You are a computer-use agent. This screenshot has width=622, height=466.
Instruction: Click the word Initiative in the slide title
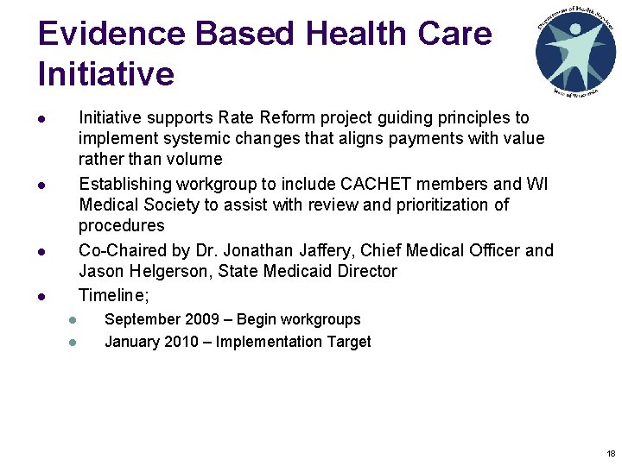pyautogui.click(x=105, y=74)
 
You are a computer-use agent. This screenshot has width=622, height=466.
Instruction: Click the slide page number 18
pyautogui.click(x=611, y=454)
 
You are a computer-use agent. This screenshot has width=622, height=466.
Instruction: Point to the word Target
pyautogui.click(x=347, y=342)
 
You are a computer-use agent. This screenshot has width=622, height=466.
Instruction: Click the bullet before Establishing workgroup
pyautogui.click(x=41, y=185)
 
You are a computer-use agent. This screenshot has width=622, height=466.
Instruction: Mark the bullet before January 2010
pyautogui.click(x=73, y=343)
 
